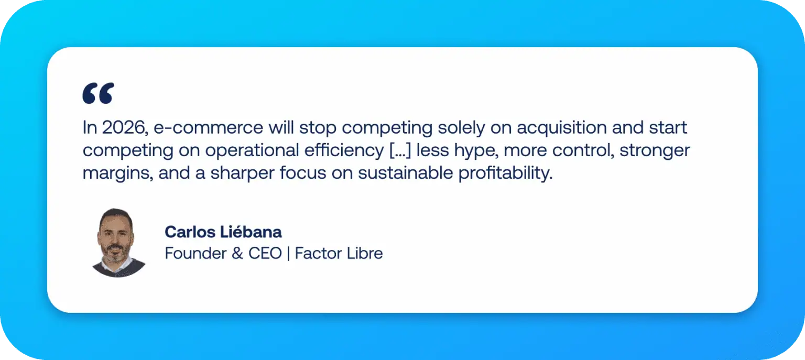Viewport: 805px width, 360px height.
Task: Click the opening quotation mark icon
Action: (98, 93)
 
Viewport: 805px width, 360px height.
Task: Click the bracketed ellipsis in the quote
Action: (398, 150)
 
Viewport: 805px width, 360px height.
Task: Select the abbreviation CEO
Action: (264, 254)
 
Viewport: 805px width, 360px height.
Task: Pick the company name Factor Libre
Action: (339, 254)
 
